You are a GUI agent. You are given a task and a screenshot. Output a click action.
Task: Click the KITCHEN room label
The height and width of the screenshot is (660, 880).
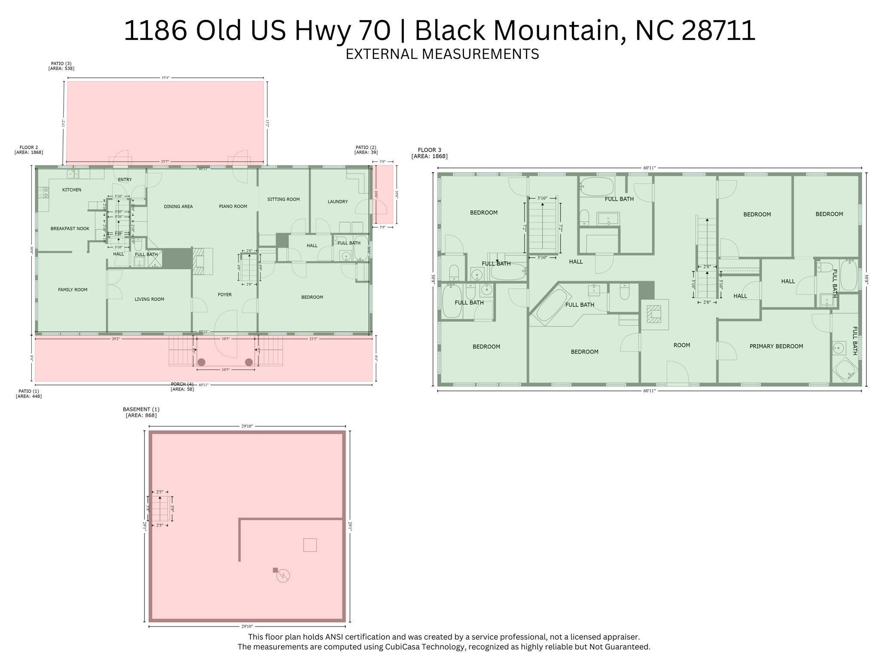pyautogui.click(x=71, y=190)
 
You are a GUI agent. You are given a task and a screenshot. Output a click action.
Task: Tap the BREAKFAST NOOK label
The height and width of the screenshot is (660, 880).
pyautogui.click(x=70, y=229)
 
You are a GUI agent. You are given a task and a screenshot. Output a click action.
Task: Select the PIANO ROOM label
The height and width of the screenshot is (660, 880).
pyautogui.click(x=233, y=207)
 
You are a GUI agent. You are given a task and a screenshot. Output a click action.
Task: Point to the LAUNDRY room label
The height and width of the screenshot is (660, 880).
pyautogui.click(x=337, y=202)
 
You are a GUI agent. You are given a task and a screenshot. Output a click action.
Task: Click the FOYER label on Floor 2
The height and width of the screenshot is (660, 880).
pyautogui.click(x=225, y=295)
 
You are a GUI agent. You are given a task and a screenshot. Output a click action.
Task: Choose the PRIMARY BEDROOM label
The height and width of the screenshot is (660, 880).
pyautogui.click(x=776, y=346)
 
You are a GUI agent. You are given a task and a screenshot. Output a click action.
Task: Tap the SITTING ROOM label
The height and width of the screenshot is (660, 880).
pyautogui.click(x=283, y=199)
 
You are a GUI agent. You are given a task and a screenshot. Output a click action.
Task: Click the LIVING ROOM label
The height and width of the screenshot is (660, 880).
pyautogui.click(x=149, y=299)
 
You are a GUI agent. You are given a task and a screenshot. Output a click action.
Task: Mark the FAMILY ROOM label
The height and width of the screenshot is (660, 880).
pyautogui.click(x=73, y=290)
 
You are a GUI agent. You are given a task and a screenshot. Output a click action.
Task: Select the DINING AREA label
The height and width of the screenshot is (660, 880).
pyautogui.click(x=178, y=207)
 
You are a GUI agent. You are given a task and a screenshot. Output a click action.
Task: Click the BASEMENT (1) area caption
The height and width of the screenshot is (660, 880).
pyautogui.click(x=141, y=412)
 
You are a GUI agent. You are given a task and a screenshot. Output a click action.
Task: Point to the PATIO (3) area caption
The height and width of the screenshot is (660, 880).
pyautogui.click(x=61, y=66)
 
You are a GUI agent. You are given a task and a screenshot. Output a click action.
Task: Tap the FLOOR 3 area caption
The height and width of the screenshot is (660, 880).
pyautogui.click(x=429, y=153)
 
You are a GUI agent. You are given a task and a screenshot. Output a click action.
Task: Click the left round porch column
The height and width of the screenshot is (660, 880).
pyautogui.click(x=201, y=362)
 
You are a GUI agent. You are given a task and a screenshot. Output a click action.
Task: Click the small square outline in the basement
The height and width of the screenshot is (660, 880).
pyautogui.click(x=310, y=545)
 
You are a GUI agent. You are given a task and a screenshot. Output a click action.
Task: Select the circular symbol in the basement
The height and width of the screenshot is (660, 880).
pyautogui.click(x=283, y=576)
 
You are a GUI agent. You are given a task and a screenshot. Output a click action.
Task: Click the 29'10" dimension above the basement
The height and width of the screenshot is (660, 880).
pyautogui.click(x=247, y=426)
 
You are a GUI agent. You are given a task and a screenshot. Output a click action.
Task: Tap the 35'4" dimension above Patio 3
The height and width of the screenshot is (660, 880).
pyautogui.click(x=165, y=78)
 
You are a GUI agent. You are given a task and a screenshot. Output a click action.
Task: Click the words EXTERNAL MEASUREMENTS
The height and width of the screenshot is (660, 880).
pyautogui.click(x=442, y=54)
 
